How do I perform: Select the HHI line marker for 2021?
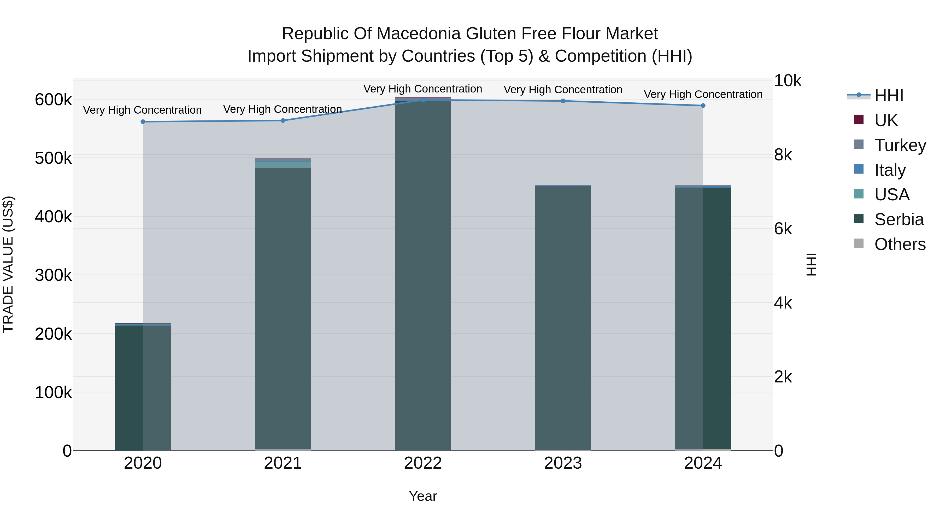pyautogui.click(x=283, y=120)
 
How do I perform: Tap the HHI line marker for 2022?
pyautogui.click(x=423, y=100)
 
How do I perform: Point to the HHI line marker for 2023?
pyautogui.click(x=563, y=101)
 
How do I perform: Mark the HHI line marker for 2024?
pyautogui.click(x=703, y=106)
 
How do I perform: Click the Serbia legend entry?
pyautogui.click(x=899, y=219)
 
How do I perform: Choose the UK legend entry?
pyautogui.click(x=886, y=120)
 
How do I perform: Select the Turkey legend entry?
pyautogui.click(x=900, y=145)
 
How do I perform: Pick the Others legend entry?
pyautogui.click(x=900, y=244)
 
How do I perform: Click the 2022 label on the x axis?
pyautogui.click(x=423, y=463)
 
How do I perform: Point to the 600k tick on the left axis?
pyautogui.click(x=53, y=100)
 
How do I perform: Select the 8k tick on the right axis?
pyautogui.click(x=783, y=155)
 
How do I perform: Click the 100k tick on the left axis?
pyautogui.click(x=53, y=392)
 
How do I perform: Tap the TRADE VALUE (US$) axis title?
pyautogui.click(x=8, y=264)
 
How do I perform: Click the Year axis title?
pyautogui.click(x=423, y=496)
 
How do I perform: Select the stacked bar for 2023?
pyautogui.click(x=563, y=318)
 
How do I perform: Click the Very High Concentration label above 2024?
pyautogui.click(x=703, y=94)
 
